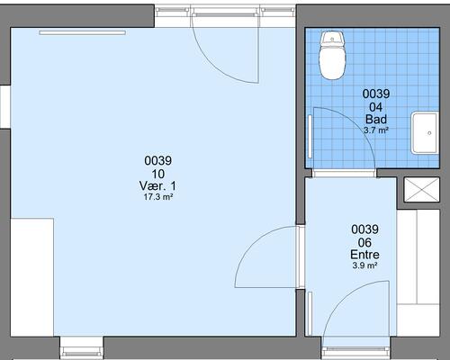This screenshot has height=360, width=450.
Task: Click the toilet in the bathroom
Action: click(332, 55)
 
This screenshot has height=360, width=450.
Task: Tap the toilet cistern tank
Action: click(332, 39)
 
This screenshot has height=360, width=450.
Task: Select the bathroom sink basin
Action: click(425, 133)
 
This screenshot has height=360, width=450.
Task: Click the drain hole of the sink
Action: click(429, 133)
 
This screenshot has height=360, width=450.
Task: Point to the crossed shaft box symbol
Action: click(421, 190)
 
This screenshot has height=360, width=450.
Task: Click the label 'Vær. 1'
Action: click(157, 186)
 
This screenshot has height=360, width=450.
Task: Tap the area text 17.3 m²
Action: click(157, 197)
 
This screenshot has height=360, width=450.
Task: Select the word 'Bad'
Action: click(376, 120)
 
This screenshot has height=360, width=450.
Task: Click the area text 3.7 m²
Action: click(376, 130)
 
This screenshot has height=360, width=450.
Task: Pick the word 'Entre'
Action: click(364, 255)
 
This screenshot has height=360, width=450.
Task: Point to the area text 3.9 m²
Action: click(364, 265)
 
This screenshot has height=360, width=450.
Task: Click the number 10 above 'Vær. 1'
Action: click(157, 174)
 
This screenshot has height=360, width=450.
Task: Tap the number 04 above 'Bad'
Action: click(376, 107)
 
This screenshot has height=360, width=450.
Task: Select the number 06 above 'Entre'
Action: click(364, 242)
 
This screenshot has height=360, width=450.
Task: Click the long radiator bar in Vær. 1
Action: click(82, 32)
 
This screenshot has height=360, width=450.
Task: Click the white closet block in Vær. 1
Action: click(32, 277)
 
